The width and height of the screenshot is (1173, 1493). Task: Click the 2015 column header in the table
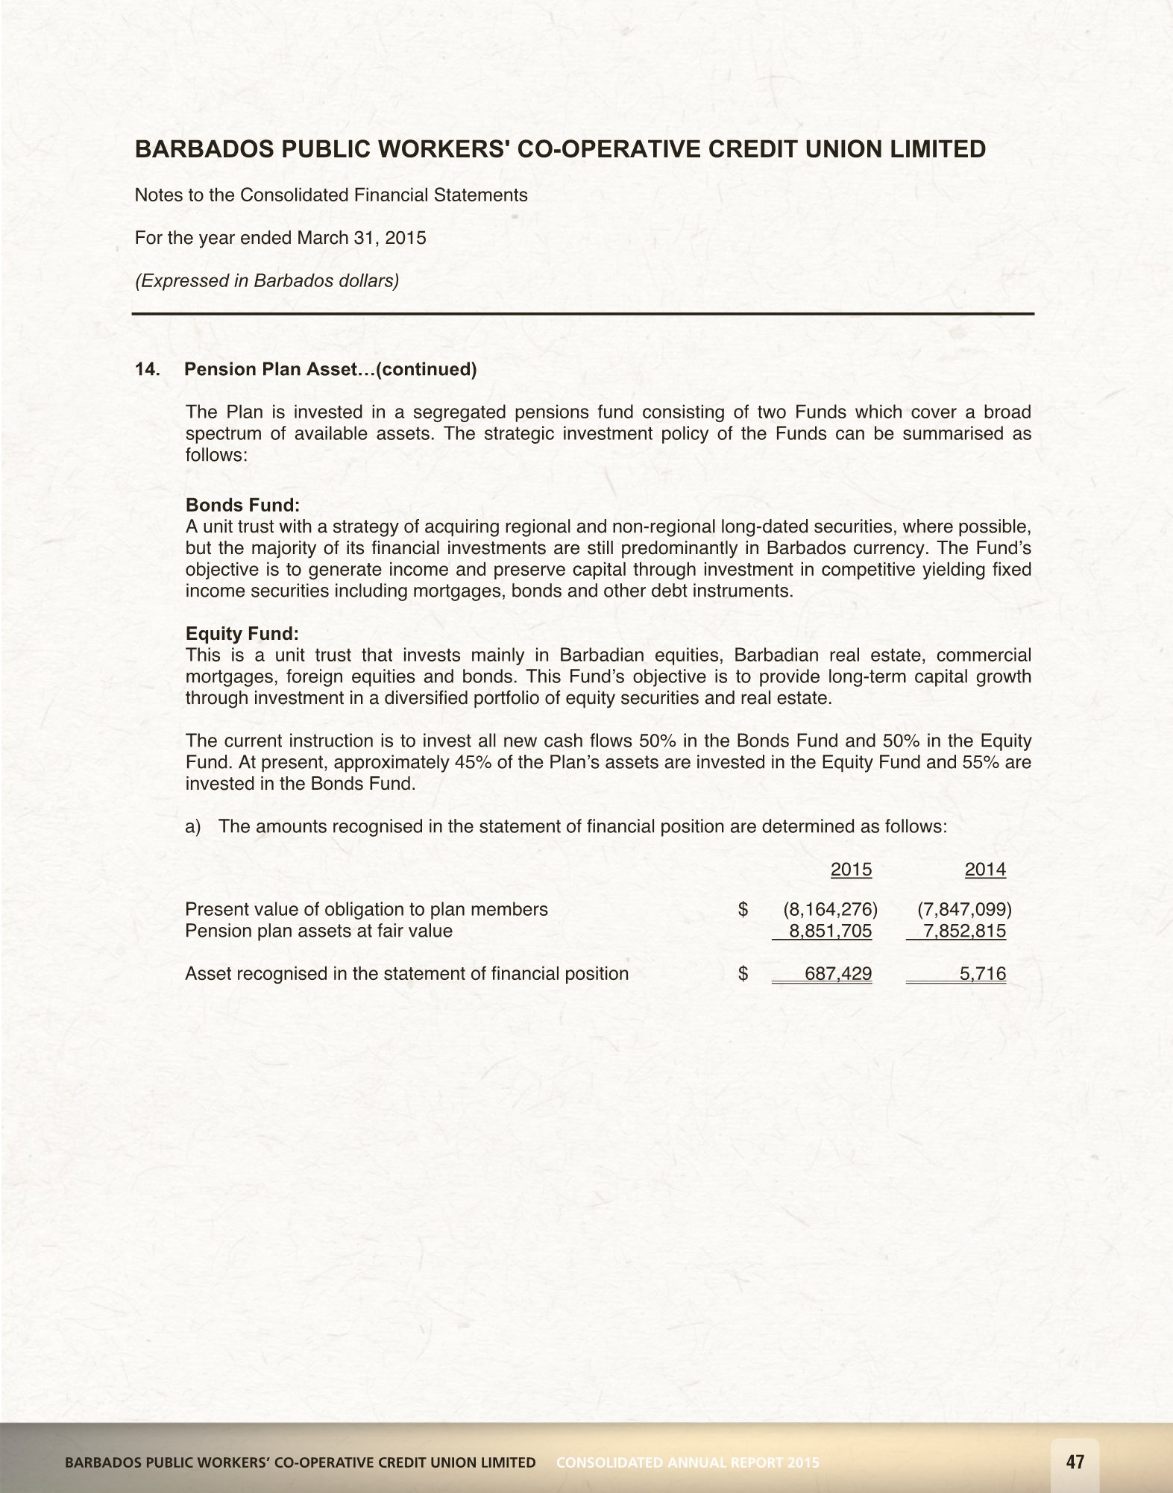click(x=851, y=870)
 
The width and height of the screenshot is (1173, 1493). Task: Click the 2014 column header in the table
click(x=985, y=870)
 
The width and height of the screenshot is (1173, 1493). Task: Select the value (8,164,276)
click(x=830, y=909)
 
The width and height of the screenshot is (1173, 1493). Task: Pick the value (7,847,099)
click(x=964, y=909)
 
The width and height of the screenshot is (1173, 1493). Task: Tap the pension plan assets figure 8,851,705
click(x=830, y=931)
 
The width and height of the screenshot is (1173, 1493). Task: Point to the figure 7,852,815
click(x=964, y=931)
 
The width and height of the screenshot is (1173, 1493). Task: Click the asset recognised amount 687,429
click(x=838, y=974)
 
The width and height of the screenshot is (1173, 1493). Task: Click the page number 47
click(x=1075, y=1462)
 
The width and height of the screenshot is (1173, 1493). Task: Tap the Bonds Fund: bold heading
click(x=242, y=505)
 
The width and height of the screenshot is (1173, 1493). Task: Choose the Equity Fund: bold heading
click(x=242, y=634)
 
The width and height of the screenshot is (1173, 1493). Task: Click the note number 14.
click(x=147, y=370)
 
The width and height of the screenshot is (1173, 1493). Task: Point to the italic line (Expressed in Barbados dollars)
click(x=267, y=281)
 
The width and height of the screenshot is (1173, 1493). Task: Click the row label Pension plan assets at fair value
click(x=318, y=931)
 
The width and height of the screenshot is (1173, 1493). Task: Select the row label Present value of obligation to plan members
click(x=366, y=909)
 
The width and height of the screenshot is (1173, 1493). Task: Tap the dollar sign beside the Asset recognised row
click(x=743, y=974)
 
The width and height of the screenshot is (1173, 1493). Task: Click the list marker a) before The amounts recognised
click(x=193, y=827)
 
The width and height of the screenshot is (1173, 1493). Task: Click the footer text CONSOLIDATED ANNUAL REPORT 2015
click(x=688, y=1462)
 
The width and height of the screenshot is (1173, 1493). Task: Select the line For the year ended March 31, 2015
click(x=280, y=238)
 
